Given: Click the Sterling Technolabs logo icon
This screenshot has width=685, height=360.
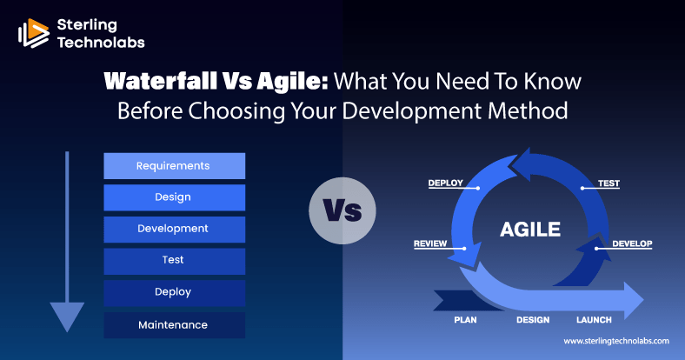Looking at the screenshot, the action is tap(34, 33).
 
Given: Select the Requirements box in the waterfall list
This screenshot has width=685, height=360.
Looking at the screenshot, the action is tap(175, 166).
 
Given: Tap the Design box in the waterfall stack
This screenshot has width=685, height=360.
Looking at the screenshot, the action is tap(175, 197).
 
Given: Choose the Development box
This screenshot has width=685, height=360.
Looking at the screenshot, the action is tap(175, 230).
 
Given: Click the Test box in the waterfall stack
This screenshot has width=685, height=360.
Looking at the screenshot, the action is tap(175, 261).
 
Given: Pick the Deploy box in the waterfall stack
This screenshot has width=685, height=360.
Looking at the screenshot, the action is tap(175, 293).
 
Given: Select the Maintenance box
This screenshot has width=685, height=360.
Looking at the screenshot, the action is tap(175, 325).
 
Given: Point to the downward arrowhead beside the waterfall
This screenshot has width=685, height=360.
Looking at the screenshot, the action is tap(67, 317).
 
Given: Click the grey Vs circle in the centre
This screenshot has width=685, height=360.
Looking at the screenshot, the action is tap(342, 210).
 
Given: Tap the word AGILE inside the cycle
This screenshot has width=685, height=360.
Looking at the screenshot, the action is tap(530, 230).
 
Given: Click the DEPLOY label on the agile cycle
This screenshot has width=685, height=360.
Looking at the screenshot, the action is tap(446, 183).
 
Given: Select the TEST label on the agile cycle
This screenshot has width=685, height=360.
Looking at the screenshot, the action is tap(609, 183).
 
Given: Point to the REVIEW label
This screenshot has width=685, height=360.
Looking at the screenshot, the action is tap(430, 243).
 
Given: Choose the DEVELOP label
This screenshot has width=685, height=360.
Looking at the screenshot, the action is tap(632, 243).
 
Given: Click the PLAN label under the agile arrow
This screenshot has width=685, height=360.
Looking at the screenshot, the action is tap(465, 320).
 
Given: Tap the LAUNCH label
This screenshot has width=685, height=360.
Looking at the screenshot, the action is tap(594, 320).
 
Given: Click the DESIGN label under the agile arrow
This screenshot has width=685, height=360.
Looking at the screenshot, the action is tap(533, 320).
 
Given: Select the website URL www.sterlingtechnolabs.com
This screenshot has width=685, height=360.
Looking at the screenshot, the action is tap(616, 341).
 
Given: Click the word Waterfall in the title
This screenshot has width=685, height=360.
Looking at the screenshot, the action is tap(160, 81).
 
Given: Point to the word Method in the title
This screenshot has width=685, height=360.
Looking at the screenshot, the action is tap(528, 111).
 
